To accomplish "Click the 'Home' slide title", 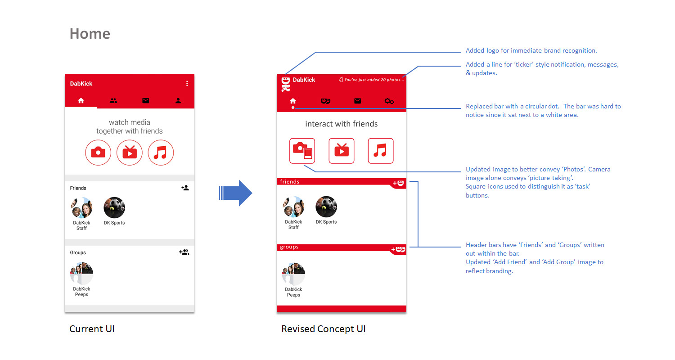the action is pos(90,33).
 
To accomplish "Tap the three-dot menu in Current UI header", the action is pos(187,83).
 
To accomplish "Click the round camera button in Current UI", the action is pos(98,153).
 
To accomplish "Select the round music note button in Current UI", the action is pos(161,153).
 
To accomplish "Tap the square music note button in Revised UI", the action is pos(381,151).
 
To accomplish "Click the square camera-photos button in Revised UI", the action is pos(302,151).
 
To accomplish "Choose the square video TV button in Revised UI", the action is pos(342,151).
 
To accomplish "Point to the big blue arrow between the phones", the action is pos(236,193).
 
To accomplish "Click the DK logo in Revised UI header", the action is pos(286,84).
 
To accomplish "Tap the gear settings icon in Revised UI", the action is pos(389,101).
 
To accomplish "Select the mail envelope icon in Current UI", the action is pos(145,101).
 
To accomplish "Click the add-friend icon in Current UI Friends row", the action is pos(185,188).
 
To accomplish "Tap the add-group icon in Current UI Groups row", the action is pos(184,252).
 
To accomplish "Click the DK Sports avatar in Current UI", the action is pos(114,207).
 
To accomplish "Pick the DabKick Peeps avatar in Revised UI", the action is pos(293,274).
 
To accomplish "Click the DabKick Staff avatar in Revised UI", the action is pos(293,207).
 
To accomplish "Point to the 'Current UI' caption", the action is pos(92,328).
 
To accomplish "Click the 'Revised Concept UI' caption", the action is pos(324,328).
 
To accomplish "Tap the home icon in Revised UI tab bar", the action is pos(293,101).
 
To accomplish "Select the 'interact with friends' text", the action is pos(342,124).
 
